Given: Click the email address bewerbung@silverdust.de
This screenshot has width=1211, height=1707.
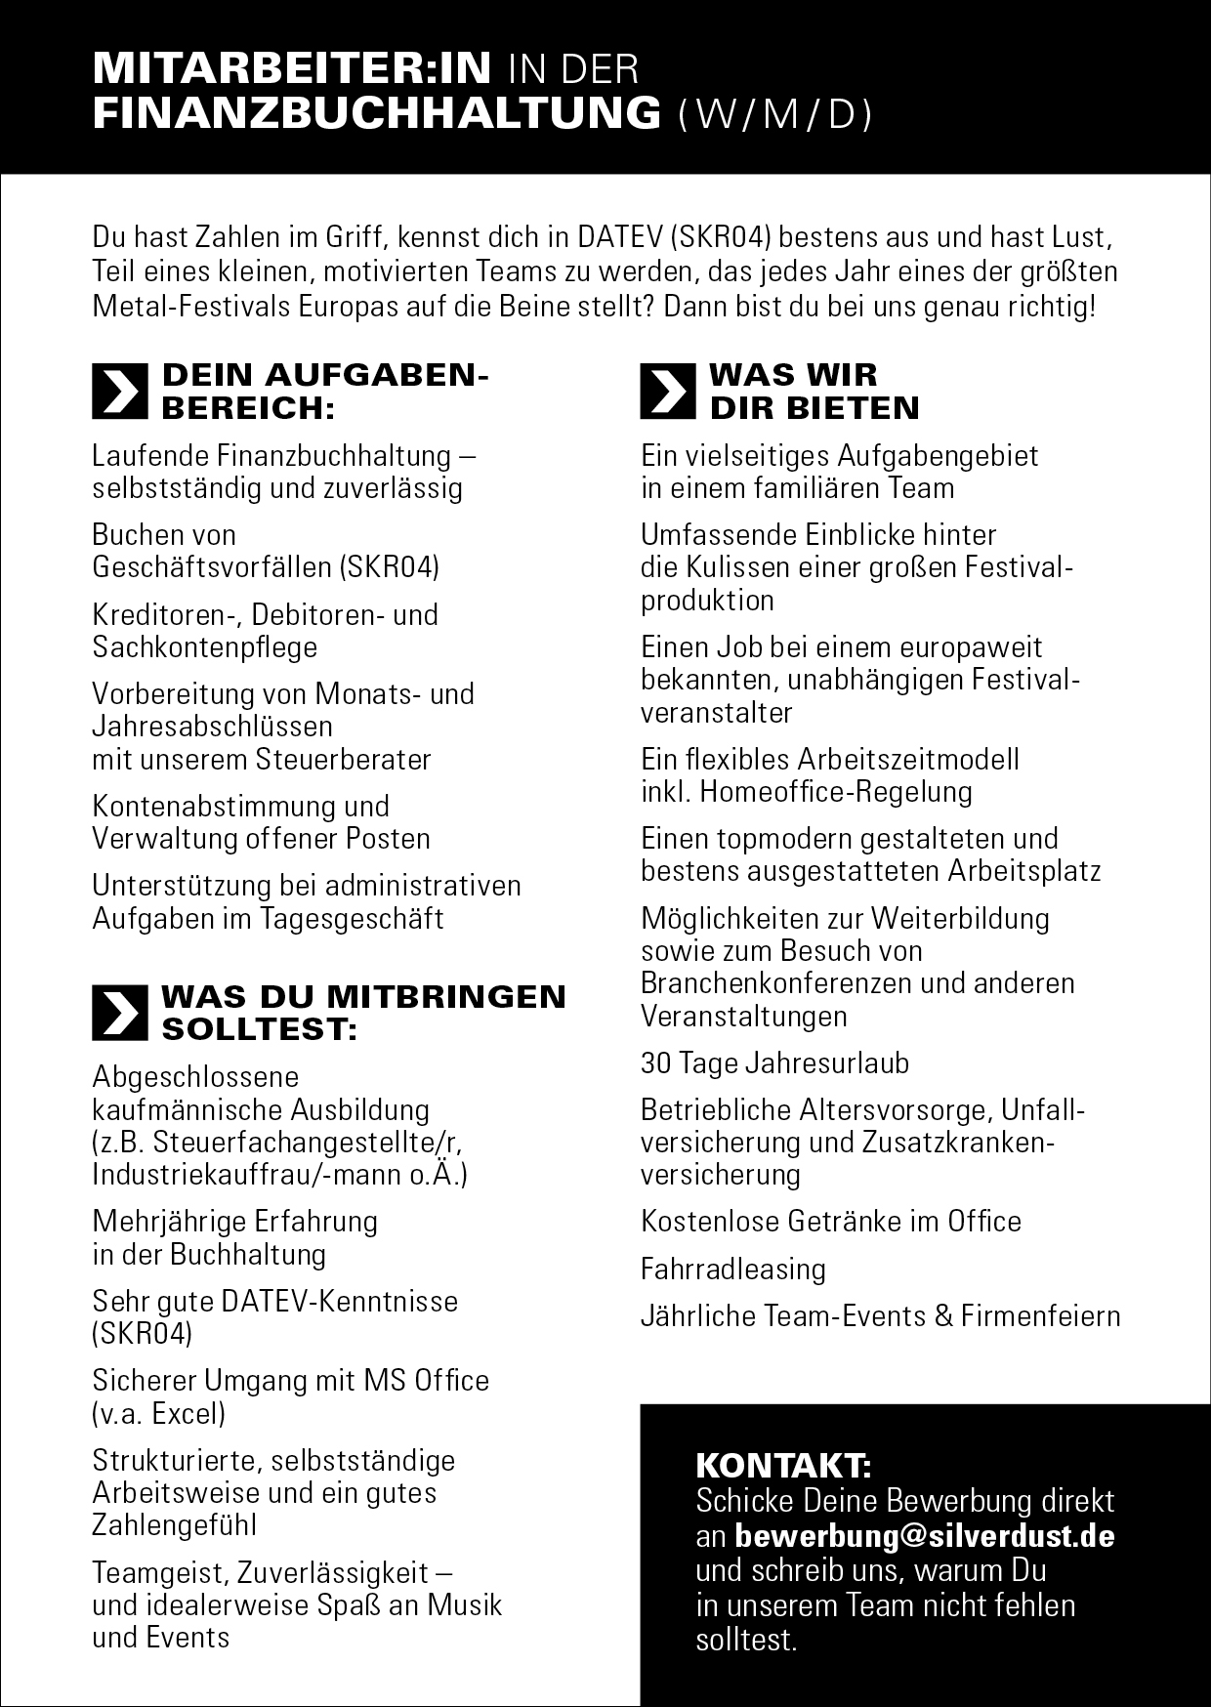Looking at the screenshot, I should coord(924,1536).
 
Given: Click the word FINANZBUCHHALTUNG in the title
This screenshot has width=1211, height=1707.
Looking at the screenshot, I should coord(377,114).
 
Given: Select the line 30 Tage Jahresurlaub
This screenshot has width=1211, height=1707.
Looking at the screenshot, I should coord(774,1062).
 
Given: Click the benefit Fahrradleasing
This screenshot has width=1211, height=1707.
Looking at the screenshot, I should coord(733,1269).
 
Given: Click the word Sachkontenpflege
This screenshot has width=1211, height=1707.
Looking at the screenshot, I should coord(205,646).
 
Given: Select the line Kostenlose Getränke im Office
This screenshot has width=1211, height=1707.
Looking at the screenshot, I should coord(831,1222).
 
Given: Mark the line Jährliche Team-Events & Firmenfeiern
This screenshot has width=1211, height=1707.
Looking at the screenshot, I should coord(880,1316).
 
